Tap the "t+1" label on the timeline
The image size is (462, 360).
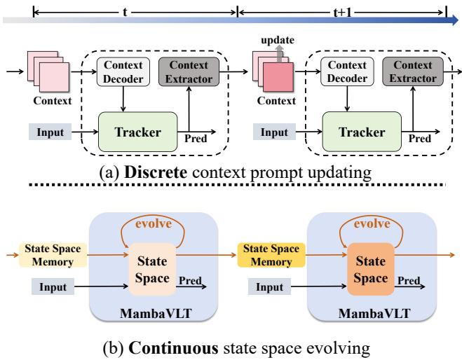[x=342, y=13]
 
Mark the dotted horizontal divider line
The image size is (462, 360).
[x=231, y=186]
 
